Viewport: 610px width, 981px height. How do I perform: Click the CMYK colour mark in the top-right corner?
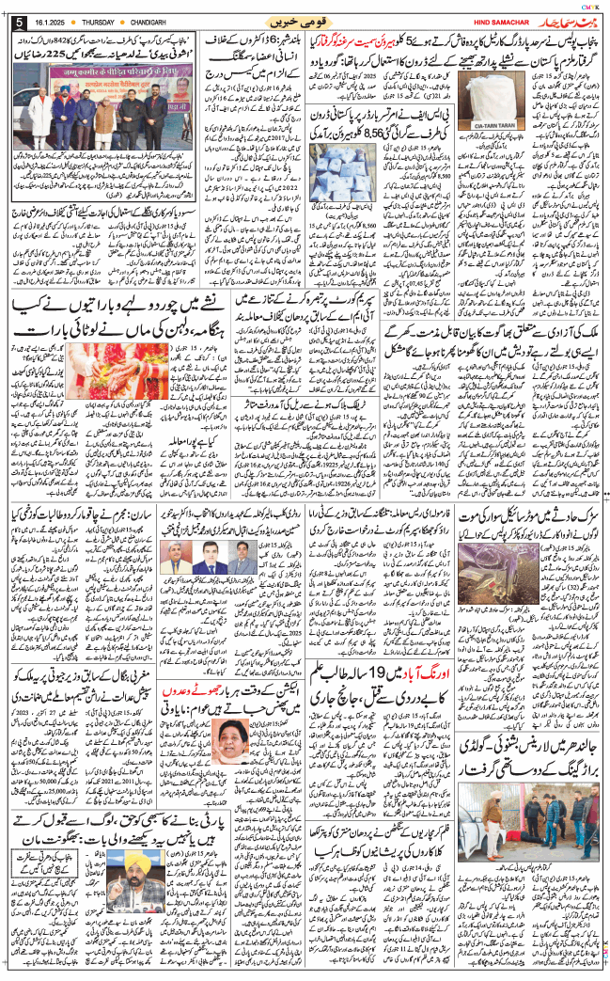click(584, 7)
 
